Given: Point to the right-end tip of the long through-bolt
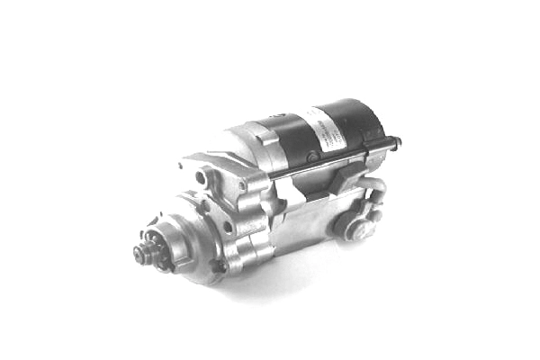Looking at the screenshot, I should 398,141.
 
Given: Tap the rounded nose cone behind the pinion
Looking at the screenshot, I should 175,243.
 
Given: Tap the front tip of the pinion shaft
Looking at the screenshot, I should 135,255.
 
